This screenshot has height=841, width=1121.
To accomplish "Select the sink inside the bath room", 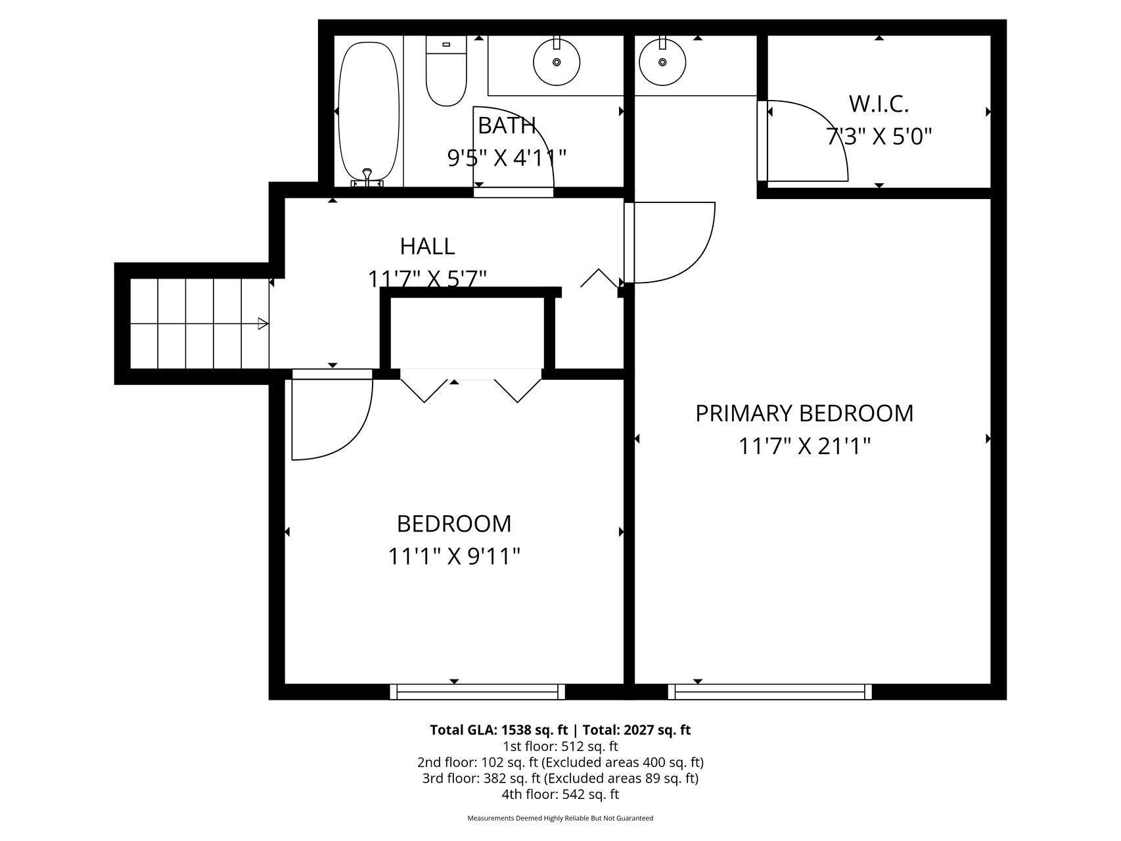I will pos(557,61).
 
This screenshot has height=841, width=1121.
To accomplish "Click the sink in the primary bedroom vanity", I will pos(662,61).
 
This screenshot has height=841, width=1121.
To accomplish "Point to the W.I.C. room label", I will pos(879,104).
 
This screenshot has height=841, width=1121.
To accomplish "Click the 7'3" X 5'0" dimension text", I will pos(879,137).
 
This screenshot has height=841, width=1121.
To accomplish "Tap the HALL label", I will pos(427,246).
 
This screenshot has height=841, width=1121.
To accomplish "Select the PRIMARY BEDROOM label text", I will pos(804,413).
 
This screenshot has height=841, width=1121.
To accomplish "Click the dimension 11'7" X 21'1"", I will pos(804,447).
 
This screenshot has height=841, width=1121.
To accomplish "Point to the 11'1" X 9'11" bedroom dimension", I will pos(453,557).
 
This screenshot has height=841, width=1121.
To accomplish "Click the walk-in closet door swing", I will pos(815,138).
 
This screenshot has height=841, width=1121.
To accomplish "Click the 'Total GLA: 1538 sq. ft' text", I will pos(498,730).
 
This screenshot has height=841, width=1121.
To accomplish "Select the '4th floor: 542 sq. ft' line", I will pos(560,794).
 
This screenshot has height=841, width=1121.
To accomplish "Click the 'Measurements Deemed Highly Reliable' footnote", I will pos(560,819).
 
